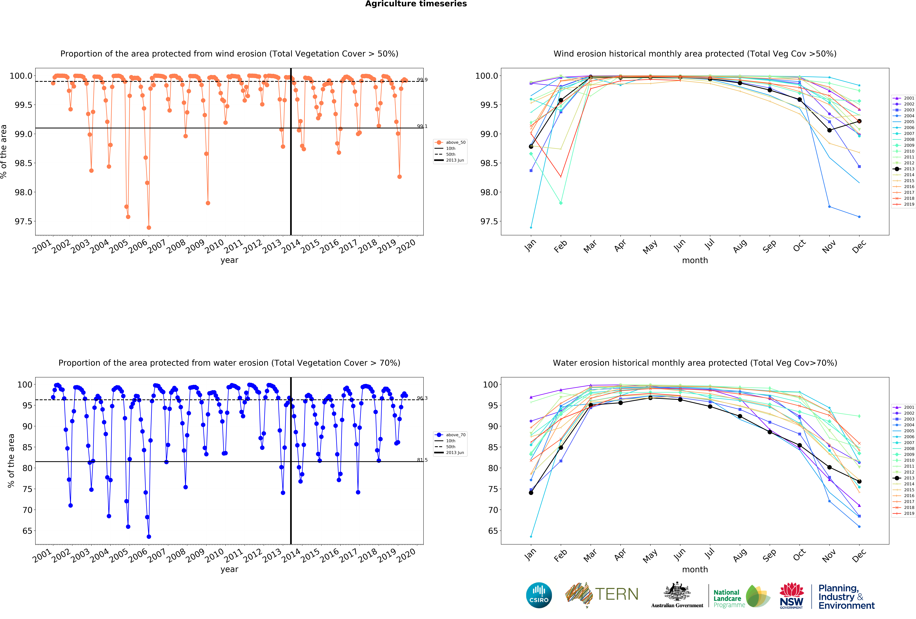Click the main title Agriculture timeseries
[416, 4]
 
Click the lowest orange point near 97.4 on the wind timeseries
[149, 227]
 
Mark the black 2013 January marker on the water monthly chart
[531, 492]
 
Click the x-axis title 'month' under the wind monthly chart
[695, 260]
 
